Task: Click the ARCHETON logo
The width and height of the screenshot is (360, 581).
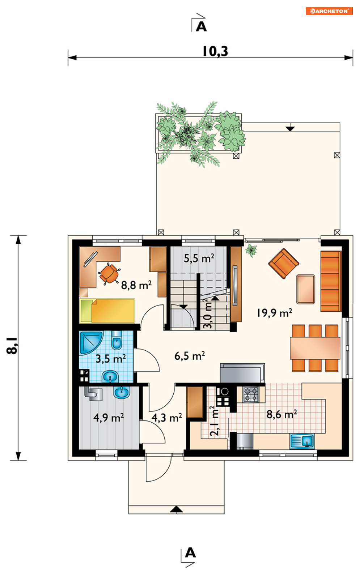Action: coord(329,11)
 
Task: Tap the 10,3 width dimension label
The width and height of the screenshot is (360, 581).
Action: coord(215,51)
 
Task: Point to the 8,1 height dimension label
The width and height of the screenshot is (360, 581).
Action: coord(12,346)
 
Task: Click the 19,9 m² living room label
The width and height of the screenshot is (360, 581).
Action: coord(275,313)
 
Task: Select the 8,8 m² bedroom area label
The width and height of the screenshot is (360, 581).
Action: coord(136,285)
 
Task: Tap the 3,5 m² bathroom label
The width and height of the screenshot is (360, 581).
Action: coord(111,359)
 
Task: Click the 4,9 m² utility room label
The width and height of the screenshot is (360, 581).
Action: coord(109,418)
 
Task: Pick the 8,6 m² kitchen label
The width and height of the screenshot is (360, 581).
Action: coord(281,414)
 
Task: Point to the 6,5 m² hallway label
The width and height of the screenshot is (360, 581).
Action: coord(190,356)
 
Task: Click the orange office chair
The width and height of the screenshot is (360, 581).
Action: coord(109,273)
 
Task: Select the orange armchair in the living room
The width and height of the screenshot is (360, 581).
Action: coord(283,264)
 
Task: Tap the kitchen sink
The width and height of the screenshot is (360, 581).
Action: coord(302,441)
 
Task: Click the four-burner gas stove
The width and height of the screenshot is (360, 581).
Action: coord(251,394)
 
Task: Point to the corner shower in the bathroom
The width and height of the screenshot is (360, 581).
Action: coord(91,342)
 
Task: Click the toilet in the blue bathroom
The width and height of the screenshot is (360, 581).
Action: coord(117,340)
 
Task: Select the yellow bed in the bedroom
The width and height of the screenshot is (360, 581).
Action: coord(107,311)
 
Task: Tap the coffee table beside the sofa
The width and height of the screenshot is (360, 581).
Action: coord(305,289)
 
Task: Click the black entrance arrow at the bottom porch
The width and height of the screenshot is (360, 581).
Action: coord(176,509)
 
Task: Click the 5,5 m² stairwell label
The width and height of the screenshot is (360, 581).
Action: coord(199,258)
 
